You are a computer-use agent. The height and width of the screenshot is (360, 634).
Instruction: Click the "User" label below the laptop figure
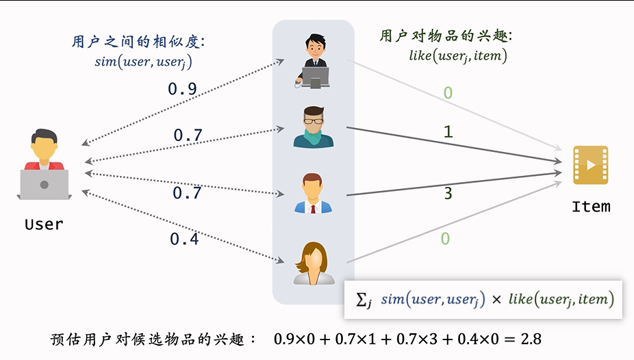click(x=44, y=224)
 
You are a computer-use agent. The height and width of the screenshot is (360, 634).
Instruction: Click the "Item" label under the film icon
click(x=591, y=205)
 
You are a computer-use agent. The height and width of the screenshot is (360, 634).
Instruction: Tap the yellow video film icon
click(x=590, y=165)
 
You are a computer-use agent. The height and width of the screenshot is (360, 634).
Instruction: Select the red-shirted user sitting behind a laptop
click(x=45, y=165)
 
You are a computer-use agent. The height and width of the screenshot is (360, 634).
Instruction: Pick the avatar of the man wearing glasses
click(x=313, y=127)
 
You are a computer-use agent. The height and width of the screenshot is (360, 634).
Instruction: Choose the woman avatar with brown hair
click(x=314, y=263)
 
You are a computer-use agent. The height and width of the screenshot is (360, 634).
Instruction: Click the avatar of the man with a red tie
click(x=313, y=194)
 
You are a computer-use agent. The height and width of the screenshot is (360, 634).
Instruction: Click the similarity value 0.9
click(x=183, y=89)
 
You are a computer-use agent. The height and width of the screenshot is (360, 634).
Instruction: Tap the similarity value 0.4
click(x=184, y=240)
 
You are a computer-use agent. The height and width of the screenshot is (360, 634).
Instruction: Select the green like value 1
click(x=448, y=131)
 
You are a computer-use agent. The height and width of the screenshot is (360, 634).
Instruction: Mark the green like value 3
click(x=448, y=194)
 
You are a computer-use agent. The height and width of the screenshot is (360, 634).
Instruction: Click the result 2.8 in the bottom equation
click(x=531, y=339)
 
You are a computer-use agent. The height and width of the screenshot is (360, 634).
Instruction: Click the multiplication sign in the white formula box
click(x=496, y=300)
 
